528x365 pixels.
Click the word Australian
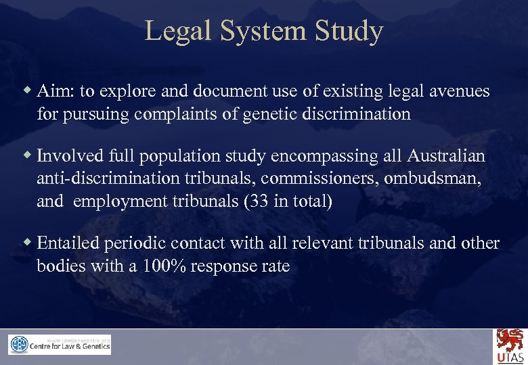click(x=446, y=156)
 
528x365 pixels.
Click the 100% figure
click(x=164, y=266)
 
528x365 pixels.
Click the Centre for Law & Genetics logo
click(x=60, y=345)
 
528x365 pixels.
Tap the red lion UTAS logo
click(x=509, y=345)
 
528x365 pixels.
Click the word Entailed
click(x=68, y=243)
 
